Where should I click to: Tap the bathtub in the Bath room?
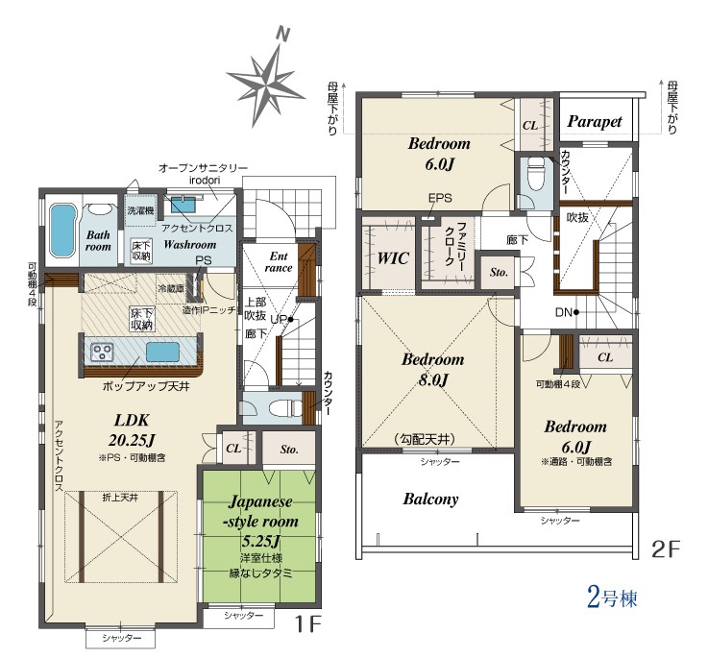point(62,231)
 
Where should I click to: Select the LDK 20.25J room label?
point(132,430)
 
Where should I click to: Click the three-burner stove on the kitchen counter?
point(102,353)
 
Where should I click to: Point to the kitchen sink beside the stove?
point(162,352)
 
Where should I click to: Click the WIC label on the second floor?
point(393,258)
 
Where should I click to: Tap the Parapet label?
point(595,121)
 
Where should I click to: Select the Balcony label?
point(430,500)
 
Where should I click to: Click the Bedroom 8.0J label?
point(432,370)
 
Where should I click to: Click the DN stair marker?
point(567,312)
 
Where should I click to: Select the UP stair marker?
point(281,319)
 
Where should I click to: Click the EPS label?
point(440,198)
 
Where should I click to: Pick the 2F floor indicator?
point(665,548)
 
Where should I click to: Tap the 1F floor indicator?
point(307,624)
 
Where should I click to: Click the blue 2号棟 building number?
point(612,597)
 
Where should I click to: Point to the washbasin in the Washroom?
point(183,205)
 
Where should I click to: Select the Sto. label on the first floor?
point(289,450)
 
